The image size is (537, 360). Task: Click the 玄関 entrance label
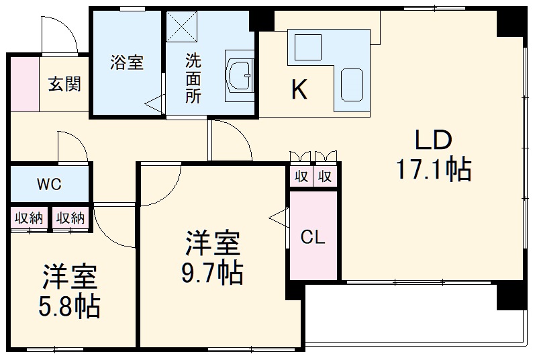click(x=64, y=85)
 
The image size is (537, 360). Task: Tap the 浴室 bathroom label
click(x=126, y=62)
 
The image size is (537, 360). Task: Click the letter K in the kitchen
click(x=299, y=89)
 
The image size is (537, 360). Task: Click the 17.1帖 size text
click(x=432, y=171)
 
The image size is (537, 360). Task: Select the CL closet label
click(x=312, y=236)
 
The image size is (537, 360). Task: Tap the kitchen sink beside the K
click(x=352, y=85)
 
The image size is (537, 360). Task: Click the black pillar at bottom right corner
click(x=509, y=296)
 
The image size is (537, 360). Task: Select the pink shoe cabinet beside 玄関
click(x=25, y=85)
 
